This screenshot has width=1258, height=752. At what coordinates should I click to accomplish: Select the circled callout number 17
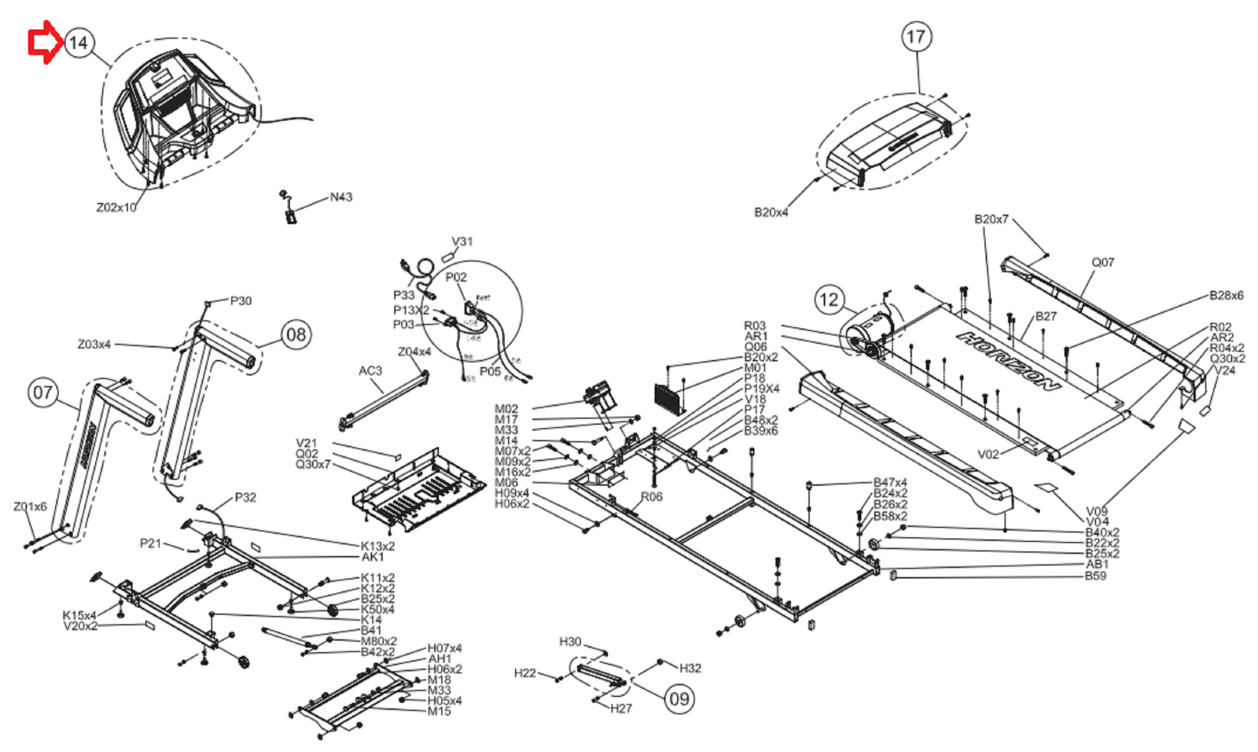(x=916, y=37)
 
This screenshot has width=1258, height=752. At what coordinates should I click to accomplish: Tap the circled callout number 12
(x=829, y=300)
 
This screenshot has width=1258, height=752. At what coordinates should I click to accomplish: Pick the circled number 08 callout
(x=296, y=335)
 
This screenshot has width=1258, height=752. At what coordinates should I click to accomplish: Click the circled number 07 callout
(x=43, y=393)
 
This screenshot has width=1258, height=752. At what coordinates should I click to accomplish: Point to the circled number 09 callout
(x=679, y=699)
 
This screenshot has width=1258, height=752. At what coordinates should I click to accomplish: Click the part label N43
(x=341, y=197)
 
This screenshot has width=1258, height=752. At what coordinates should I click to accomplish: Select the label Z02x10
(x=116, y=208)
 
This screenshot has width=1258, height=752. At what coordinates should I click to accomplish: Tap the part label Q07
(x=1102, y=262)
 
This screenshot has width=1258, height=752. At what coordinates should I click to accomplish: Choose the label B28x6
(x=1226, y=296)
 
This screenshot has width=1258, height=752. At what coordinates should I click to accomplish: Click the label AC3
(x=370, y=370)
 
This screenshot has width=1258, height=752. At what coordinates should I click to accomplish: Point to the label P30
(x=241, y=300)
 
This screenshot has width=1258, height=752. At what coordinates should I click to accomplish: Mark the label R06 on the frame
(x=651, y=496)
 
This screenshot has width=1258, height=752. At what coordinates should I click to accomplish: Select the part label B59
(x=1095, y=576)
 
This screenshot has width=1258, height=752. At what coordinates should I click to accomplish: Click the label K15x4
(x=79, y=615)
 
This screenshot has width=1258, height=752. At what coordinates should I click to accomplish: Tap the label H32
(x=690, y=668)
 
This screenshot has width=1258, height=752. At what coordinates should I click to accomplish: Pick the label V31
(x=462, y=241)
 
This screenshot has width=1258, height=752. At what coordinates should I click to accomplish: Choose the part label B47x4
(x=890, y=482)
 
